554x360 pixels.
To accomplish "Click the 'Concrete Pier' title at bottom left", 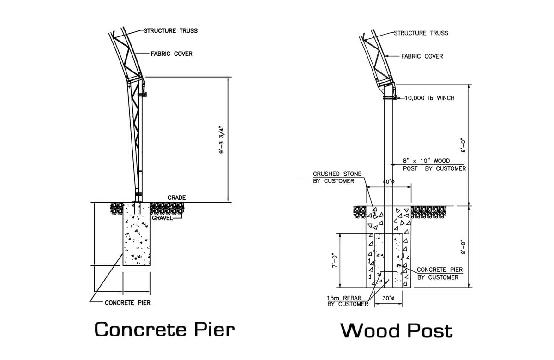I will pos(164,330).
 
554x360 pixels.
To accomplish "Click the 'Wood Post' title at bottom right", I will pos(396,331).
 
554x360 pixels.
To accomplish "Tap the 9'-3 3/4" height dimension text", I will pos(222,139).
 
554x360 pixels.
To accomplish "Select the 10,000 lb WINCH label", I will pos(430,98).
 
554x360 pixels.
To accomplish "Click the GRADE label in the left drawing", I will pos(176,198).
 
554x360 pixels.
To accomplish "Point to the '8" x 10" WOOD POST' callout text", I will pos(434,165).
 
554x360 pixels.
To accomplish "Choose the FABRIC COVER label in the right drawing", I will pos(422,56).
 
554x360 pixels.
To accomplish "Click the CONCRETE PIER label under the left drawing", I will pos(127,303).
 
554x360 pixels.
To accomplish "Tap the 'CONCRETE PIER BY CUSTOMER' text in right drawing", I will pos(439,273).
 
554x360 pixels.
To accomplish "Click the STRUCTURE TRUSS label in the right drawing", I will pos(421,33).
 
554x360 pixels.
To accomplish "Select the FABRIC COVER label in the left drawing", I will pos(171,54).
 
